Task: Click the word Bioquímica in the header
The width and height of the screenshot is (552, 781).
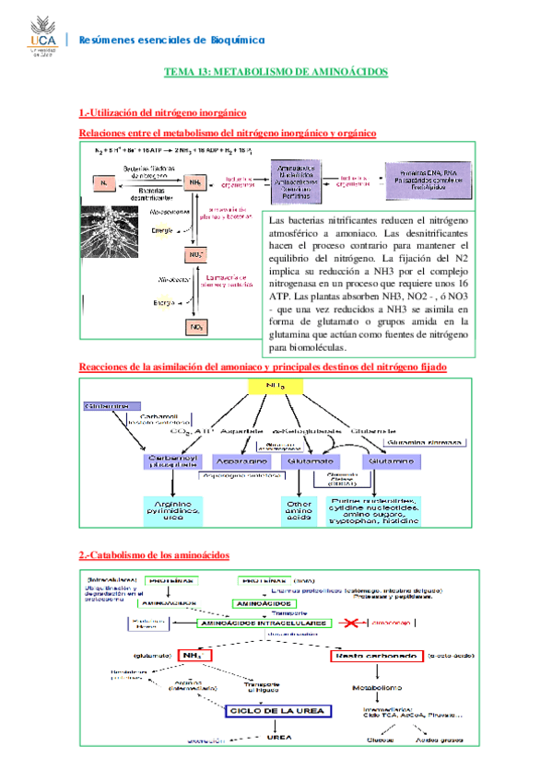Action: click(235, 40)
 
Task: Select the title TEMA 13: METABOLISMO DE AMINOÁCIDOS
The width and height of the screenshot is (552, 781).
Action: click(276, 71)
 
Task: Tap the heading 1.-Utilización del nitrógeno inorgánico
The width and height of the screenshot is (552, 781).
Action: click(162, 113)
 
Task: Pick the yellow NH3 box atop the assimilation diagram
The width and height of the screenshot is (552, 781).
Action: click(276, 387)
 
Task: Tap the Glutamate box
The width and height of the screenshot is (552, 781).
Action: click(311, 460)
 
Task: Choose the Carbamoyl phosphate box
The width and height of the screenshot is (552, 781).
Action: click(170, 460)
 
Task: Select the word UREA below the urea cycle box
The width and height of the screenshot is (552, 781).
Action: click(278, 737)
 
